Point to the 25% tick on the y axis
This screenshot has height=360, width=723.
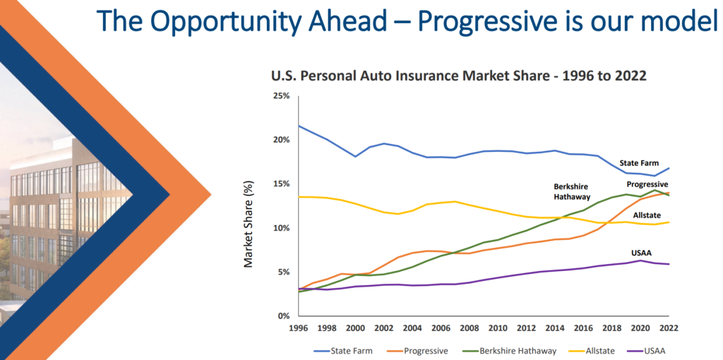click(281, 95)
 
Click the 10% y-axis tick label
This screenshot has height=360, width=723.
click(281, 228)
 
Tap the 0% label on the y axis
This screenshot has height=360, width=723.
click(283, 316)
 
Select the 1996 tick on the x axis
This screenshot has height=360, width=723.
click(298, 327)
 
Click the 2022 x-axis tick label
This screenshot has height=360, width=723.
click(669, 327)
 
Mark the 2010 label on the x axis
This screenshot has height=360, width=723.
click(498, 327)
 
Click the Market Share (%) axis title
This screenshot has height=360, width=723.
click(249, 222)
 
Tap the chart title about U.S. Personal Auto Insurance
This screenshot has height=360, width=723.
click(459, 76)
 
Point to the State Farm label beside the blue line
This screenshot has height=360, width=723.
click(639, 163)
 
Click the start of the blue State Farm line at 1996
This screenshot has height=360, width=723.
click(299, 126)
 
